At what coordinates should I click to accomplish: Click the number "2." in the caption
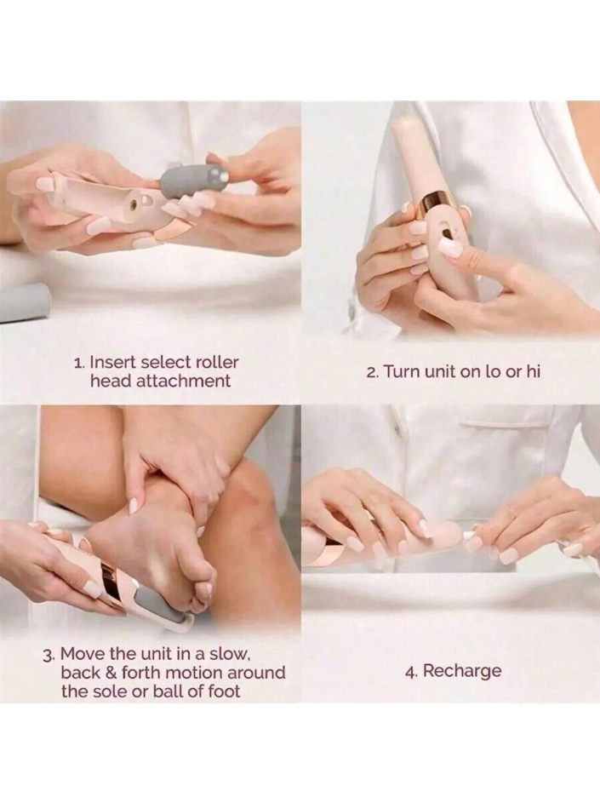tap(373, 371)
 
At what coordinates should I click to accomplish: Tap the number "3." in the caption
tap(50, 656)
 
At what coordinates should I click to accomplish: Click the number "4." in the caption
tap(411, 671)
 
